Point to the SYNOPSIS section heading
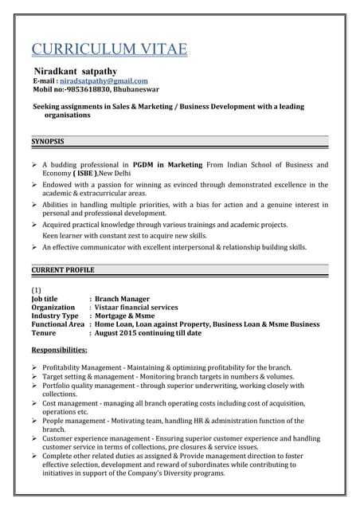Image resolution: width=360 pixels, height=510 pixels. [47, 141]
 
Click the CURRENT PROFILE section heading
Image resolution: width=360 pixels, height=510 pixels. [63, 271]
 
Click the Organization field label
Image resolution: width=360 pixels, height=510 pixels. [53, 307]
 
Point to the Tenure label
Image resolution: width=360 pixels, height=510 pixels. [45, 333]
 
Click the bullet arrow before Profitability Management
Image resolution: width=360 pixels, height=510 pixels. [35, 367]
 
